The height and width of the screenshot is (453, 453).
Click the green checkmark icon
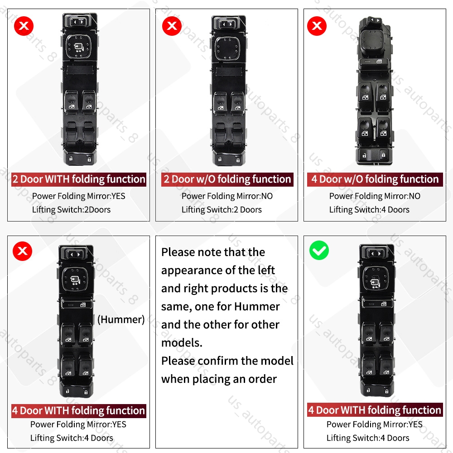(319, 250)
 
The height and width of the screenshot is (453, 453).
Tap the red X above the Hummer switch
(23, 251)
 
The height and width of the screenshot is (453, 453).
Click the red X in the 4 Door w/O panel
(317, 26)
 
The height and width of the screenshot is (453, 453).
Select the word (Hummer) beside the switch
(121, 319)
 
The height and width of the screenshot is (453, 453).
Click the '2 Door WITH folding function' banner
(79, 179)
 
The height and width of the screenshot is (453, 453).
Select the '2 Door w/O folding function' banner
(227, 179)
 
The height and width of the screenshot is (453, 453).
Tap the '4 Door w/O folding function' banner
(375, 179)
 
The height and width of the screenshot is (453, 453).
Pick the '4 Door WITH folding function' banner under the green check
(375, 410)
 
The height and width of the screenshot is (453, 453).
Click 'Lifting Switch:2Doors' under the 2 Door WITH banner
(71, 209)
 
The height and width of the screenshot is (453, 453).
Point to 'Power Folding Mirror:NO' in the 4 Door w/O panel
(375, 196)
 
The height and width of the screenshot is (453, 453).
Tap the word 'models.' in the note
(182, 343)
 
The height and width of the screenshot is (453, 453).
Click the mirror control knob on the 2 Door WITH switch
(78, 47)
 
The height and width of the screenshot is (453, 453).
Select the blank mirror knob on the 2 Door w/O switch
(228, 48)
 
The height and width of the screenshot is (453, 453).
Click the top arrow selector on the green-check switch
(376, 253)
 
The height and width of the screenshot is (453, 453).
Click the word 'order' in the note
(262, 379)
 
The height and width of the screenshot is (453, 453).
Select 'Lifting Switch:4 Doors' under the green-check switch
(368, 438)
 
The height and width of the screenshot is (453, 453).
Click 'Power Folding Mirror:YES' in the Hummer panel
(78, 424)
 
